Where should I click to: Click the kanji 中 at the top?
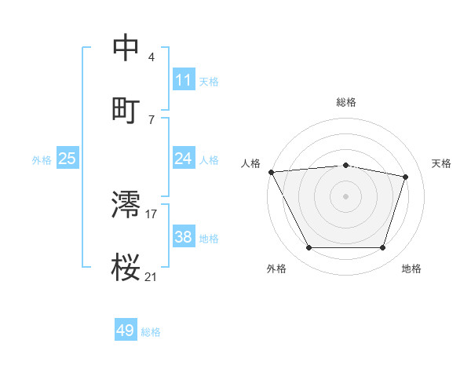point(126,47)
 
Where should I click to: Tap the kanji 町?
point(126,110)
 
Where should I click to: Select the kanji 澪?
point(126,204)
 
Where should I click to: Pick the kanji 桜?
point(126,268)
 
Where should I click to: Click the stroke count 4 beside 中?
point(151,57)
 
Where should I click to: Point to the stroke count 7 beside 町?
point(151,119)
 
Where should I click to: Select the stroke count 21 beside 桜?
point(152,276)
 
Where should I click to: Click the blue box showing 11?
point(184,80)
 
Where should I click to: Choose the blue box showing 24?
point(184,159)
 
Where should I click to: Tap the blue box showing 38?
point(184,237)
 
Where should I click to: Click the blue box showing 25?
point(67,159)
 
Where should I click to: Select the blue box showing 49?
point(126,331)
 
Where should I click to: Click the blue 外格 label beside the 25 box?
point(42,160)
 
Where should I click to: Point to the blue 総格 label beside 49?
point(151,332)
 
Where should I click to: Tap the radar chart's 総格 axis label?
point(346,103)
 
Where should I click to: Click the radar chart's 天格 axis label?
point(442,163)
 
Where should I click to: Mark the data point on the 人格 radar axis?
point(271,172)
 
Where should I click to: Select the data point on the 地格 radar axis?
point(383,248)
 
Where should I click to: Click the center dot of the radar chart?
point(346,196)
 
